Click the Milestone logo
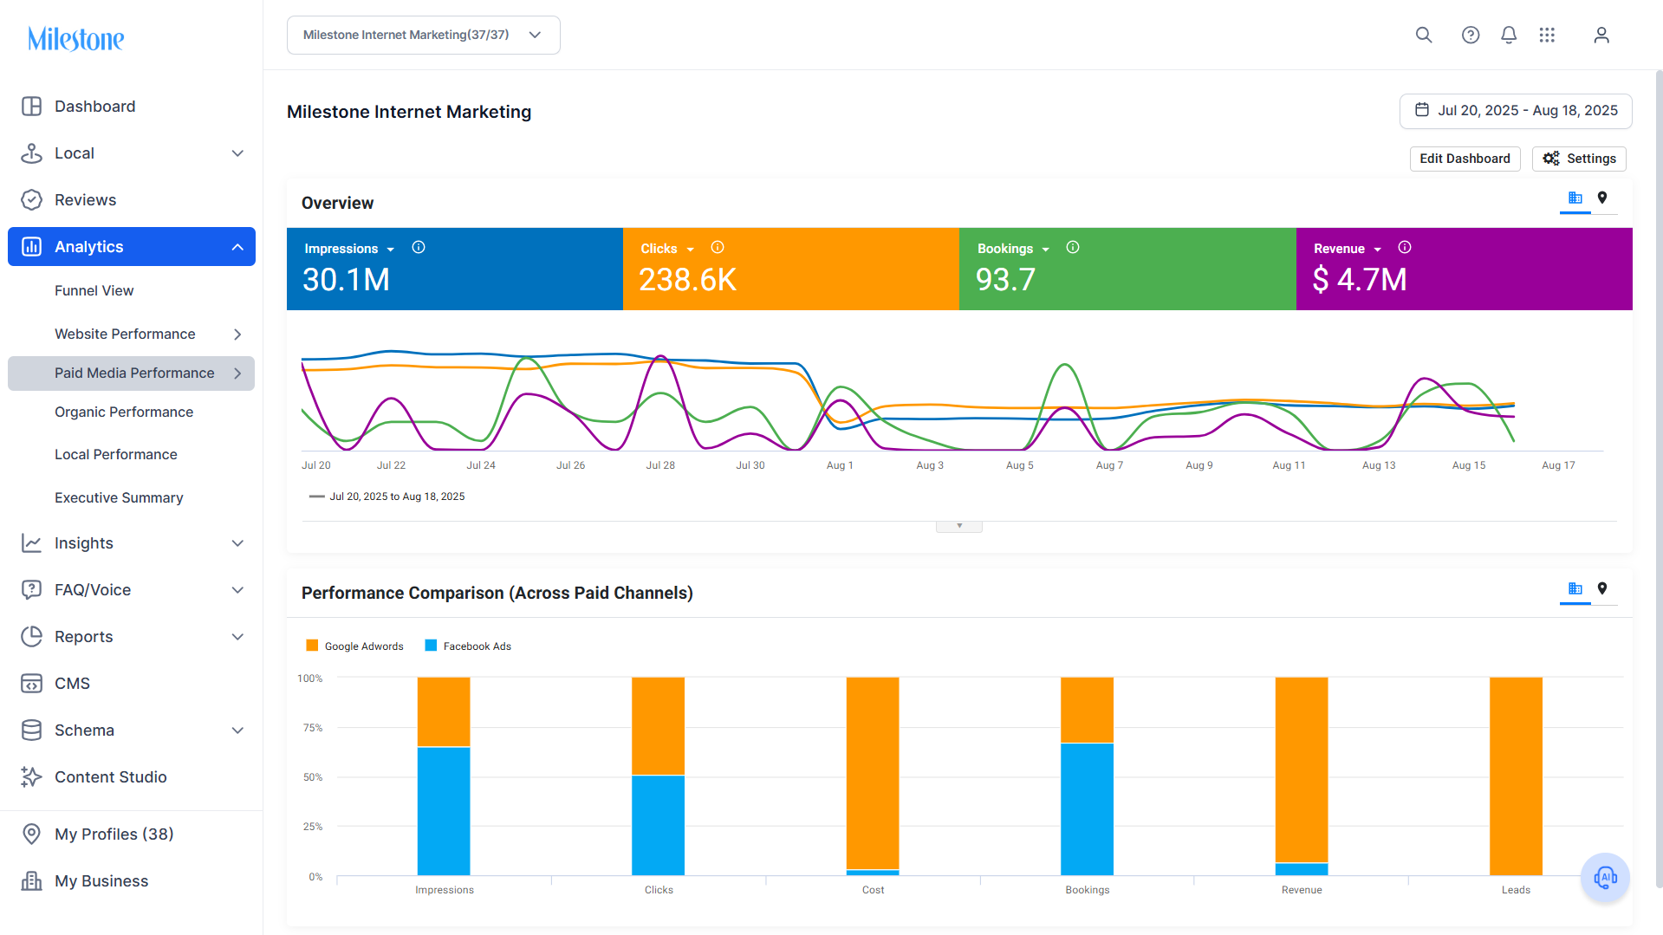[76, 39]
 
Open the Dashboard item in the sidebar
[94, 107]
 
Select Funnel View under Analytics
[94, 291]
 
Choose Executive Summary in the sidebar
[119, 498]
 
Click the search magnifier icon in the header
[1424, 35]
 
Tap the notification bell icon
[1509, 35]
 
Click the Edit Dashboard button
[1465, 159]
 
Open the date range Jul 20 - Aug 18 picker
[1516, 111]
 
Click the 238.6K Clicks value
[687, 280]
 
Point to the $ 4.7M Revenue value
[1360, 280]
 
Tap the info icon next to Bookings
[1073, 248]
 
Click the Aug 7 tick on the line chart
[1109, 465]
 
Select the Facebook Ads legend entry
[468, 646]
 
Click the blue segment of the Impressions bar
[444, 811]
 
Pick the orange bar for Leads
[1516, 776]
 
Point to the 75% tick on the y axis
[312, 728]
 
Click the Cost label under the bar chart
[873, 890]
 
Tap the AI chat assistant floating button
[1605, 878]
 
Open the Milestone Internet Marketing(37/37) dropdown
[424, 36]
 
